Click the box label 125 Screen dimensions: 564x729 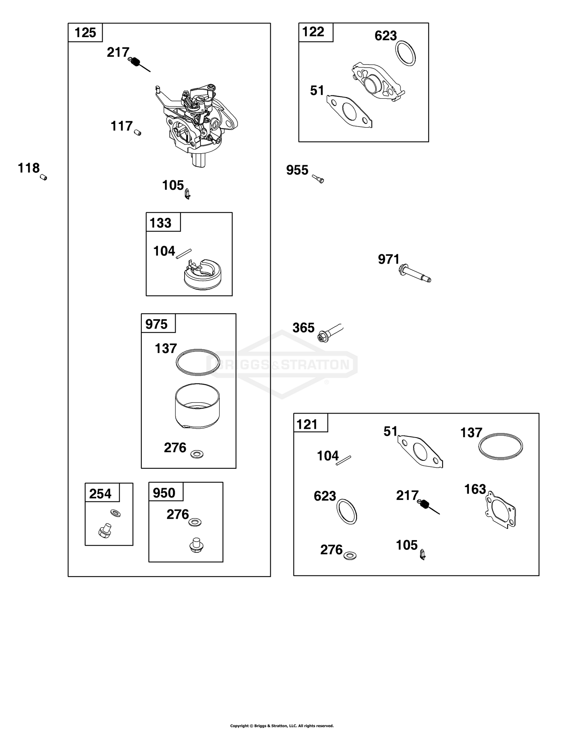pyautogui.click(x=85, y=33)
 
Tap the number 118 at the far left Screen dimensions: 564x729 pyautogui.click(x=29, y=168)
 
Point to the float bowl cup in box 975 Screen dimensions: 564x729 pyautogui.click(x=197, y=406)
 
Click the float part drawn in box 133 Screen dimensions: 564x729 pyautogui.click(x=203, y=274)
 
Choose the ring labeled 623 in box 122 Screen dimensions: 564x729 pyautogui.click(x=405, y=53)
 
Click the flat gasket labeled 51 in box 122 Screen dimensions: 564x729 pyautogui.click(x=349, y=111)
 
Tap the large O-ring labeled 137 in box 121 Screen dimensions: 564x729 pyautogui.click(x=501, y=446)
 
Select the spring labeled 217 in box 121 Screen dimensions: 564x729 pyautogui.click(x=429, y=507)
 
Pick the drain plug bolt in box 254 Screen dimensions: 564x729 pyautogui.click(x=105, y=530)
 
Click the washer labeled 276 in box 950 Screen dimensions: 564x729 pyautogui.click(x=195, y=522)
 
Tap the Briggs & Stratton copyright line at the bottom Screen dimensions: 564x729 pyautogui.click(x=282, y=726)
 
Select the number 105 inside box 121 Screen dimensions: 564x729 pyautogui.click(x=407, y=545)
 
